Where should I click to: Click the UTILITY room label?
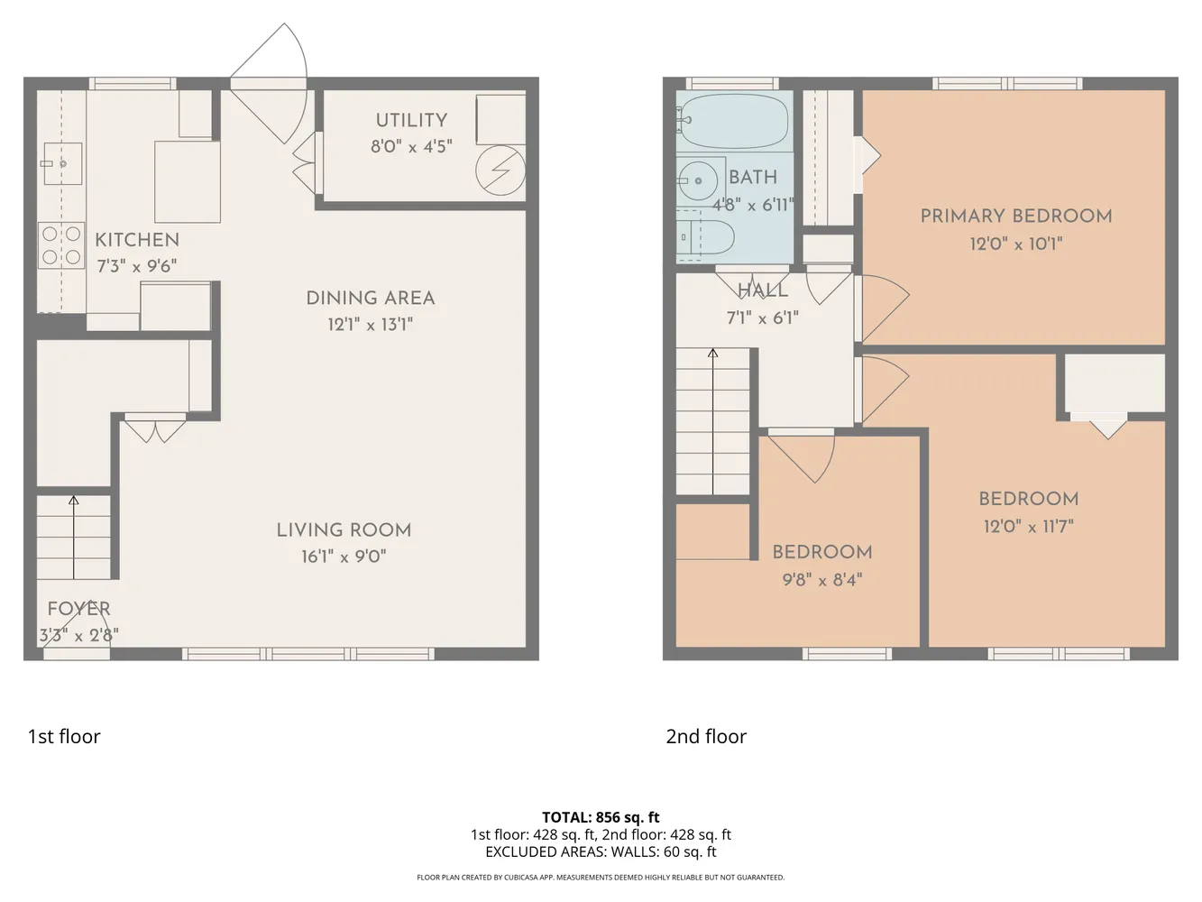click(x=411, y=121)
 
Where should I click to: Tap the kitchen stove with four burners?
click(x=61, y=245)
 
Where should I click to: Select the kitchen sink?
click(x=63, y=163)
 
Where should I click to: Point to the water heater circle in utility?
click(x=500, y=170)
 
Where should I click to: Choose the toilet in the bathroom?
click(x=705, y=237)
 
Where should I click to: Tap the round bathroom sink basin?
click(x=698, y=180)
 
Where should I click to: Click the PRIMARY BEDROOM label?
click(x=1016, y=216)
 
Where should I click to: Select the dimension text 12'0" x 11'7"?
click(x=1028, y=527)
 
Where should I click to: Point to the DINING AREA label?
click(x=371, y=299)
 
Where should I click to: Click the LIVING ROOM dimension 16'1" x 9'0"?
click(x=344, y=557)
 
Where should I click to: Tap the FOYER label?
click(x=78, y=609)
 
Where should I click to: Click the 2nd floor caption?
click(x=706, y=737)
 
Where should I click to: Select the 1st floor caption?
click(x=64, y=737)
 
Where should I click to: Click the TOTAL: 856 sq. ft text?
click(x=601, y=817)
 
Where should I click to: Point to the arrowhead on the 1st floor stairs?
click(x=73, y=500)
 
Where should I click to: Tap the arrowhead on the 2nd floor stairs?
click(x=712, y=354)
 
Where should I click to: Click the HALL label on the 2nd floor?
click(x=763, y=290)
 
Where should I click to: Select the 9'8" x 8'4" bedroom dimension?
click(x=822, y=580)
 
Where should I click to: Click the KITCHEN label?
click(x=137, y=241)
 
